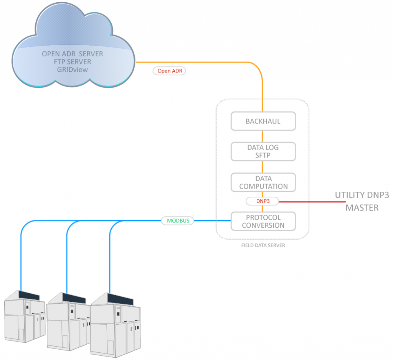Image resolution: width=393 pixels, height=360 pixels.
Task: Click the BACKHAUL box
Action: click(x=263, y=121)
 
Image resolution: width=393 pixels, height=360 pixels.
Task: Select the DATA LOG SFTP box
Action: click(x=263, y=151)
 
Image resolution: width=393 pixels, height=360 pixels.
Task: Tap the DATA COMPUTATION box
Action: click(x=263, y=182)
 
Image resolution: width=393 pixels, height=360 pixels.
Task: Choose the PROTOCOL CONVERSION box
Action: click(x=263, y=221)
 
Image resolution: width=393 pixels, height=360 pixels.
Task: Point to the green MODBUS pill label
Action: click(x=178, y=221)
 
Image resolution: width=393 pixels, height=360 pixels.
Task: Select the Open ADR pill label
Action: click(x=169, y=71)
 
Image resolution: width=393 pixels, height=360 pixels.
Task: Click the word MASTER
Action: click(x=362, y=208)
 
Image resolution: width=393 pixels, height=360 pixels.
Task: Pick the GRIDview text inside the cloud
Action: click(x=73, y=69)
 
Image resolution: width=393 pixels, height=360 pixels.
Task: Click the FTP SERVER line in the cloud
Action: click(x=73, y=62)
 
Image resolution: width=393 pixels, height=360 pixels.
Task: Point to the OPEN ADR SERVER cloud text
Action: click(x=73, y=54)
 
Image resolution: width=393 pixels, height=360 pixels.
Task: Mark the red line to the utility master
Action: click(x=311, y=201)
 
